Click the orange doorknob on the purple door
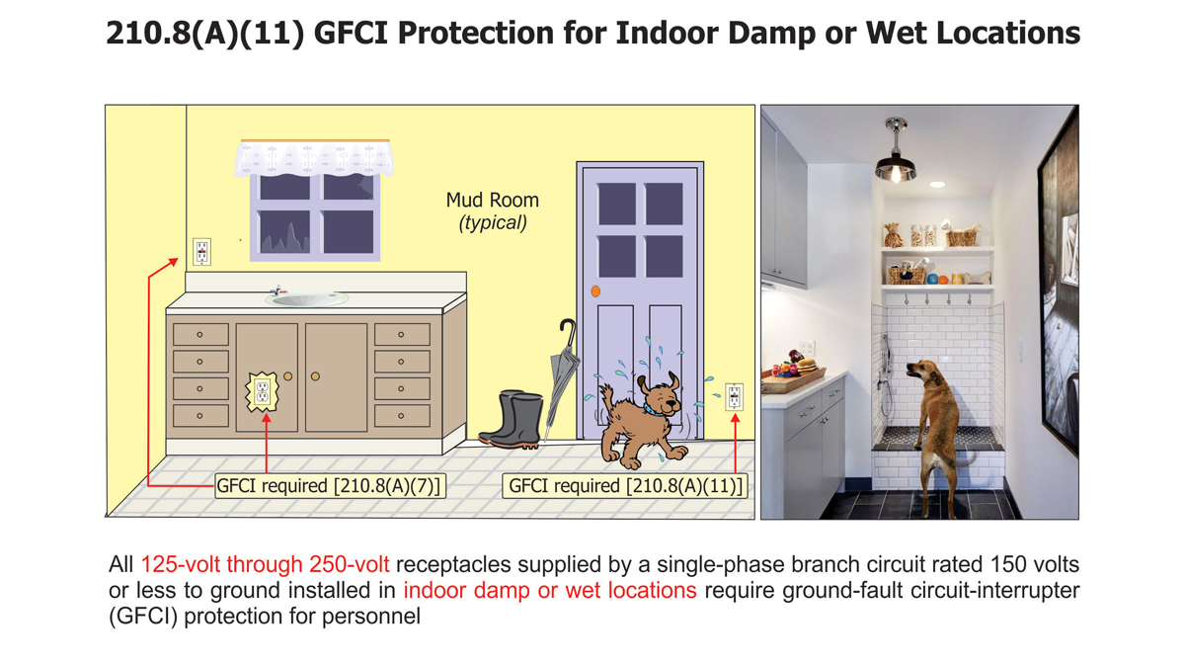pos(595,291)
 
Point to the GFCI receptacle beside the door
pos(734,396)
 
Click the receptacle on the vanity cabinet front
pos(263,392)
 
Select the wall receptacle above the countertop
pos(201,251)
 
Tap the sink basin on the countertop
pos(306,298)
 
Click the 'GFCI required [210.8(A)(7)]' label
pos(330,486)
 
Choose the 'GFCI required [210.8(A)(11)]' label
pos(624,486)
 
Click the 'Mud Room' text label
pos(492,202)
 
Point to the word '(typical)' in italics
pos(493,223)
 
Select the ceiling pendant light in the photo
pos(895,158)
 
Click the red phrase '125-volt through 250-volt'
pos(265,565)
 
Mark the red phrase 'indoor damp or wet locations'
pos(550,591)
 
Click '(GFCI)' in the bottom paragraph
pos(141,617)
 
